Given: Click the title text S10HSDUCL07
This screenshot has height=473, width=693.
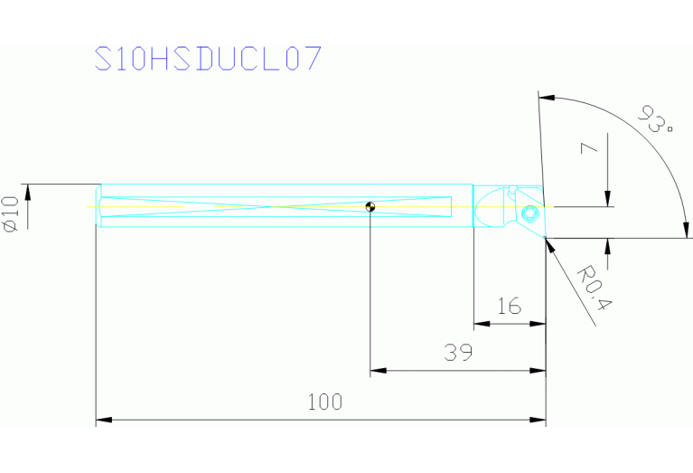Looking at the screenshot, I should click(209, 59).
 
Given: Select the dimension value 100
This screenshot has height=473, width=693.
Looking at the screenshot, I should click(324, 402).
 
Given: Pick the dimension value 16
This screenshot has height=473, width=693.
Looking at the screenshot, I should click(510, 307).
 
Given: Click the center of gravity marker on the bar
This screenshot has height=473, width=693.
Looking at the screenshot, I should click(370, 207).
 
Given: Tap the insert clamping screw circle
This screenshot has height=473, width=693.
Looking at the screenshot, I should click(529, 213).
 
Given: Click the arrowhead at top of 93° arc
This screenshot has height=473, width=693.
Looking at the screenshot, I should click(545, 96).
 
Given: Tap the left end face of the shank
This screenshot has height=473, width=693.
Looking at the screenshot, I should click(98, 207).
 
